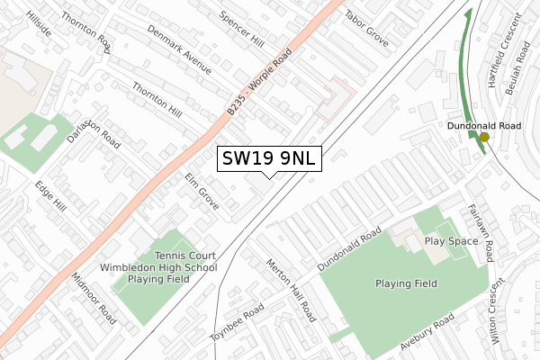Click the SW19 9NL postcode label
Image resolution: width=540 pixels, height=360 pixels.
pyautogui.click(x=268, y=158)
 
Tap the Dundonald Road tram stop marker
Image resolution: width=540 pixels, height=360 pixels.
pyautogui.click(x=484, y=138)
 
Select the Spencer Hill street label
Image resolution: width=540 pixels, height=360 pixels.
pyautogui.click(x=242, y=31)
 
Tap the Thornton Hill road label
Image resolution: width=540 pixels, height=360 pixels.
pyautogui.click(x=157, y=100)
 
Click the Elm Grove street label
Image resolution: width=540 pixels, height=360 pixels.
pyautogui.click(x=202, y=192)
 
